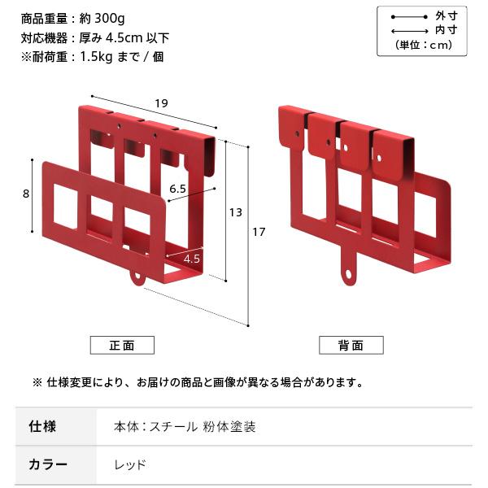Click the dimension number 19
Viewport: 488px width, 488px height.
tap(162, 102)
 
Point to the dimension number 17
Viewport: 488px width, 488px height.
tap(259, 233)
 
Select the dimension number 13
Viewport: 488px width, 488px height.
tap(235, 212)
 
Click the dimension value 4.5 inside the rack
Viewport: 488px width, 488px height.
tap(192, 259)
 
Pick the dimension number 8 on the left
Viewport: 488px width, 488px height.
tap(27, 194)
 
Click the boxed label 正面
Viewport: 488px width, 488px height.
tap(122, 345)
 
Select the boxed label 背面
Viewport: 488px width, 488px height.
tap(351, 345)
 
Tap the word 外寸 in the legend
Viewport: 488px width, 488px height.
tap(446, 15)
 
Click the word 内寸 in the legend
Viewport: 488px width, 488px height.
tap(446, 30)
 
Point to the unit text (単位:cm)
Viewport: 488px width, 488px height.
tap(422, 45)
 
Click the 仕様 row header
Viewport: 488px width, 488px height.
tap(42, 426)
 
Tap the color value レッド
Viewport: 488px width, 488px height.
tap(130, 465)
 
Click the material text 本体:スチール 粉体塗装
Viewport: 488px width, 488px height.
tap(185, 426)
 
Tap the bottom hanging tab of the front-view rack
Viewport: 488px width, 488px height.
tap(137, 277)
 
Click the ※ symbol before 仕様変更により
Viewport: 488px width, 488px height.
tap(37, 382)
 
